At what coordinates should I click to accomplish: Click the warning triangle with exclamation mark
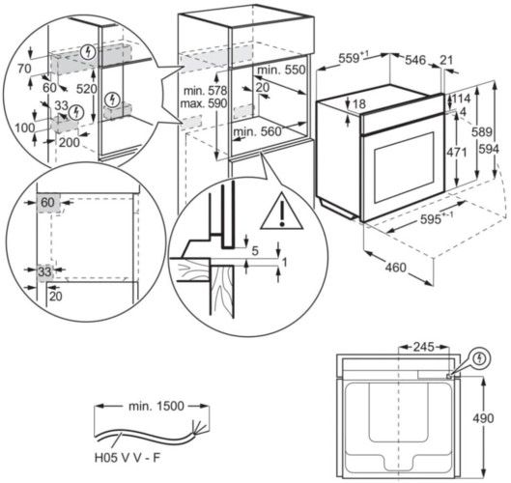[282, 212]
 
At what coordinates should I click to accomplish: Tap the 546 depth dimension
[415, 60]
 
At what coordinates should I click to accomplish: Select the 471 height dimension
[457, 153]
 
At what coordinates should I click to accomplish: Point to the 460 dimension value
[396, 268]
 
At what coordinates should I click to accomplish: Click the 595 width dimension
[430, 219]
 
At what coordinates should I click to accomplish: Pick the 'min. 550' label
[281, 70]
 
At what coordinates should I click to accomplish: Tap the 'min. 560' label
[257, 131]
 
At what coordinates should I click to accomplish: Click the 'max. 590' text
[204, 103]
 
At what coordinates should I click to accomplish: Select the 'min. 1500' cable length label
[156, 406]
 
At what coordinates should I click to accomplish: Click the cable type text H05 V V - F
[128, 458]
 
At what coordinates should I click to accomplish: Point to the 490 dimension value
[483, 418]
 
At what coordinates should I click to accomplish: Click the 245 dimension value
[424, 347]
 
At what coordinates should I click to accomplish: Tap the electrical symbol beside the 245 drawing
[479, 358]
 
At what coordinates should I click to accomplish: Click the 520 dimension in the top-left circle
[86, 89]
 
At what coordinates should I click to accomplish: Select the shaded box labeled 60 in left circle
[48, 204]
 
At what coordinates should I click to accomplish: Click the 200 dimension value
[70, 142]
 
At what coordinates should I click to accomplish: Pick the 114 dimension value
[461, 99]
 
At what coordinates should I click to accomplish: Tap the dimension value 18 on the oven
[359, 104]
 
